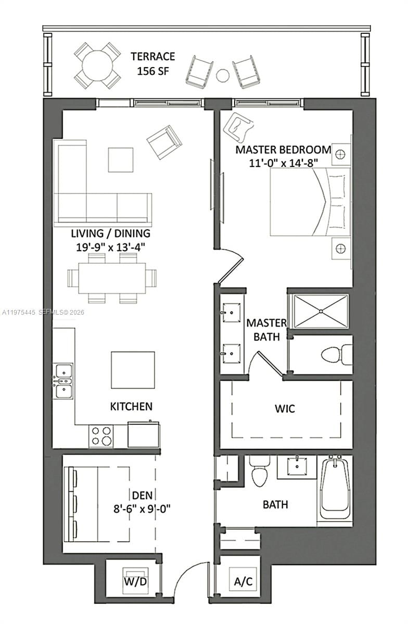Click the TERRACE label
point(152,56)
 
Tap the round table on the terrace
point(97,65)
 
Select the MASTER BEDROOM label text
point(283,150)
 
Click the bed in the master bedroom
point(310,202)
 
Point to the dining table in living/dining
point(112,278)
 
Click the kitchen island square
point(133,370)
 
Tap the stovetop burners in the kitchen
point(101,435)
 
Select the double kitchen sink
point(64,381)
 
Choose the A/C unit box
point(243,581)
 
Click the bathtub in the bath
point(336,487)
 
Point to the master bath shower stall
point(320,311)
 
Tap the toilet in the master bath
point(335,355)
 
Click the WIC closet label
point(285,409)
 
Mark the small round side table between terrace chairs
point(223,75)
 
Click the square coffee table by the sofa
point(120,160)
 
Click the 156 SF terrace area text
point(152,71)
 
